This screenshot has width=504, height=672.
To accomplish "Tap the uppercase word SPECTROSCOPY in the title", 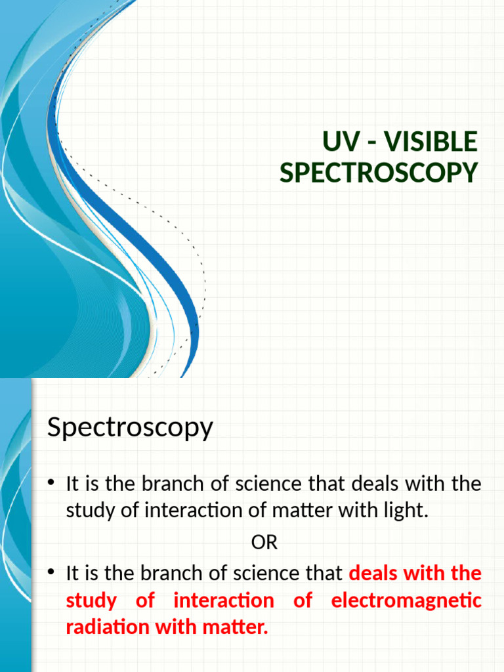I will (379, 173).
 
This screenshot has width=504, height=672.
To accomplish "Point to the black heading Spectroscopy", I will (130, 429).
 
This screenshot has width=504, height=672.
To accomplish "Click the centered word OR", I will (264, 543).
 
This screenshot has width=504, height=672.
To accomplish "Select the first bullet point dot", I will (52, 485).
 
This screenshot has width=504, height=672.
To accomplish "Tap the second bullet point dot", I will (52, 574).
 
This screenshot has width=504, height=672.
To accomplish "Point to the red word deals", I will (373, 574).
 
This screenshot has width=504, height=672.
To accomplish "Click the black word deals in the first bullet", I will (373, 485).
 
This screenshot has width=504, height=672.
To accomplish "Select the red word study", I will (91, 600).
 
